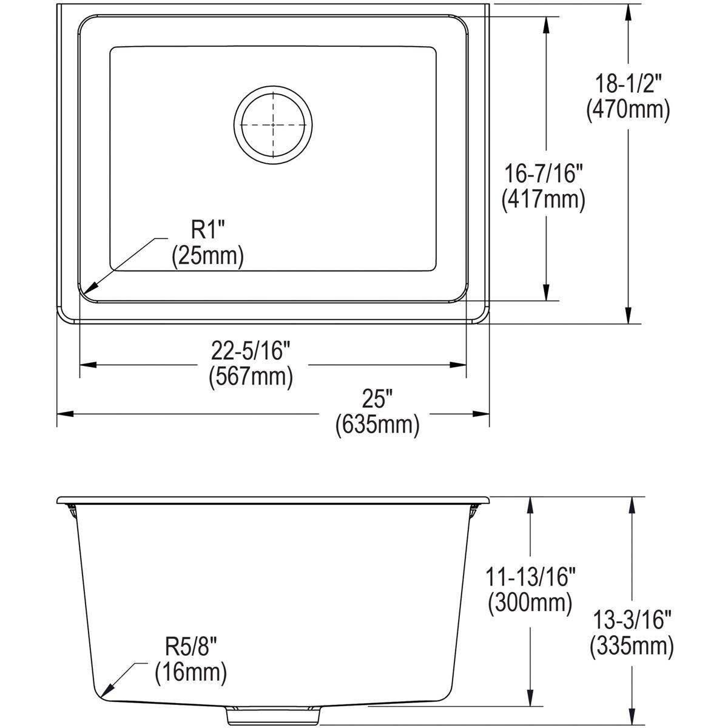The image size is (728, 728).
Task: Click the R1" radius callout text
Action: coord(207,231)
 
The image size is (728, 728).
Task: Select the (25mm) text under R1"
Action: coord(207,255)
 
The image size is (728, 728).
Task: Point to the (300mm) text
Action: coord(530,602)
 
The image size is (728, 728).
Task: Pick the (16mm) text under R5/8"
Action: coord(190,672)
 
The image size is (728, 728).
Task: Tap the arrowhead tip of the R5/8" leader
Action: coord(101,695)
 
